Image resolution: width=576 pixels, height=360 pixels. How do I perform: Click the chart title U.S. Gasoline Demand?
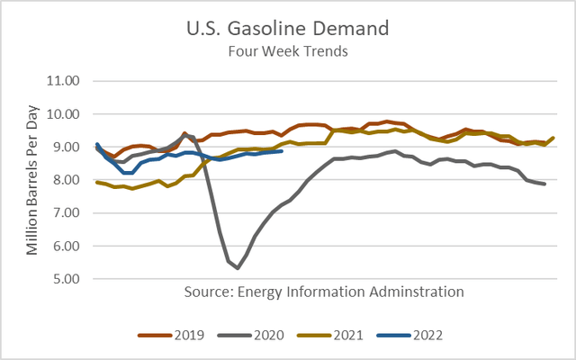click(287, 27)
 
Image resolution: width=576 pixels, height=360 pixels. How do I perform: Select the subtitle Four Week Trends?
click(287, 50)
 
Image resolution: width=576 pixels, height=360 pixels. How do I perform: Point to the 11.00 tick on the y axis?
click(62, 81)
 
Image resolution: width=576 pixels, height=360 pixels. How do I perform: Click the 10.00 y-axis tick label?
click(62, 114)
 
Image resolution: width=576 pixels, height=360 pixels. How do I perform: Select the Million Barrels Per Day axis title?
click(33, 180)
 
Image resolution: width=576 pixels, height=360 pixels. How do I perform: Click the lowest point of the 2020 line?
click(238, 268)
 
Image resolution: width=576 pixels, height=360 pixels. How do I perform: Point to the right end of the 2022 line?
click(282, 151)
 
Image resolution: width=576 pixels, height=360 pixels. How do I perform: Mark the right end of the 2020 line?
click(544, 184)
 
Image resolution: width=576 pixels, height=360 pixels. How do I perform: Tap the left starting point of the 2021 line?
click(96, 182)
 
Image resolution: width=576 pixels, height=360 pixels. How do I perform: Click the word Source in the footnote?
click(208, 292)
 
